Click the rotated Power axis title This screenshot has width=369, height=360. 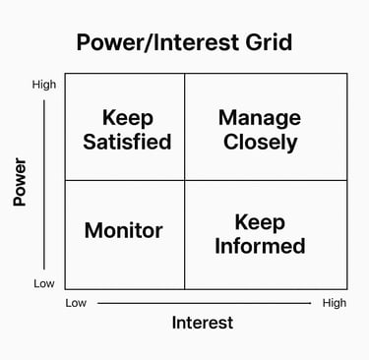19,184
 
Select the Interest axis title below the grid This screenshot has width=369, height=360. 203,323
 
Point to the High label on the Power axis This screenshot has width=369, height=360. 44,85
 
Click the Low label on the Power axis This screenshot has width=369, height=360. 44,284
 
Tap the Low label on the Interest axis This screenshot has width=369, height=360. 76,303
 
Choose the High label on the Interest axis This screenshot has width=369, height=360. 335,303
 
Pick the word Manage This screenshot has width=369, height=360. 260,117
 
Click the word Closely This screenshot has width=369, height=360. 260,142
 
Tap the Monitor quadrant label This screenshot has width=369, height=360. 124,231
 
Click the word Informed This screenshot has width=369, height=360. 261,245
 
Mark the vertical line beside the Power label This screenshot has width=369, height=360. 44,184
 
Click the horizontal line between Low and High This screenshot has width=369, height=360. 204,303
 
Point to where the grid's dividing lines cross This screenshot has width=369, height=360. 185,180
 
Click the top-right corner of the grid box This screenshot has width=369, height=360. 346,74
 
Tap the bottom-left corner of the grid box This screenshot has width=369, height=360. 65,289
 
